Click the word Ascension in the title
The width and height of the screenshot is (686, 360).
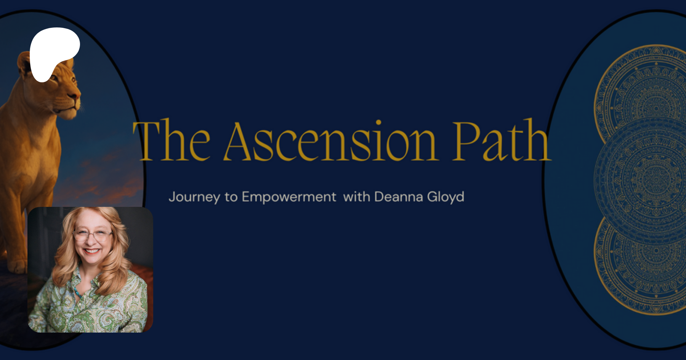pyautogui.click(x=330, y=141)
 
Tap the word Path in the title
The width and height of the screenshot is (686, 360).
pyautogui.click(x=502, y=140)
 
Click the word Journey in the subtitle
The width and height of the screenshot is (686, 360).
pyautogui.click(x=194, y=197)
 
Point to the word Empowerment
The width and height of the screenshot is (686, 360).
pyautogui.click(x=289, y=197)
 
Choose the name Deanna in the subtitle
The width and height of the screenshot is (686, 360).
pyautogui.click(x=399, y=197)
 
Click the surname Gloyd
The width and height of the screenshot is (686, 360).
pyautogui.click(x=446, y=197)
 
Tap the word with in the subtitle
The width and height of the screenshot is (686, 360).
pyautogui.click(x=357, y=197)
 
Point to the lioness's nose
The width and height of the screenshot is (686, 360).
pyautogui.click(x=77, y=94)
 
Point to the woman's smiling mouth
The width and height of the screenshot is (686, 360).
pyautogui.click(x=92, y=251)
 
